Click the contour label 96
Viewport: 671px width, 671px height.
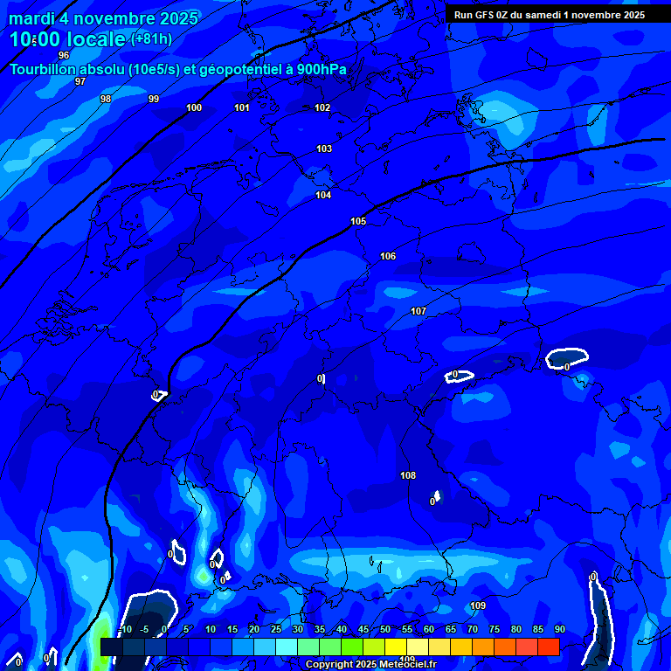(64, 55)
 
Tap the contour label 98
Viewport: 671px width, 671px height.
(106, 99)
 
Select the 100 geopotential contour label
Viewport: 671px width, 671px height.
(194, 107)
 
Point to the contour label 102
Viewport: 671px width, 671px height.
(322, 107)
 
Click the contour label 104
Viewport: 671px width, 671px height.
(323, 195)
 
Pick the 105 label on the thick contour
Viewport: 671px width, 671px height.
(358, 221)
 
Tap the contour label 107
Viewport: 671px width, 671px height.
(419, 311)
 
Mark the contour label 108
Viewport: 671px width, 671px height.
(408, 475)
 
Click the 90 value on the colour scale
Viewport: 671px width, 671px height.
(559, 630)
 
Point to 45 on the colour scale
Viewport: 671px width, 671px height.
(363, 630)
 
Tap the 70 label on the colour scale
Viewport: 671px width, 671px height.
(472, 630)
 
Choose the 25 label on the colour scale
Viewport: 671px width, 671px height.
(275, 630)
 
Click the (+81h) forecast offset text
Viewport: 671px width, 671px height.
(151, 39)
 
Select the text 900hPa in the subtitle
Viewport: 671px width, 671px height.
(321, 69)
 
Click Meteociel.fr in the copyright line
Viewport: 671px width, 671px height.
(404, 665)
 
